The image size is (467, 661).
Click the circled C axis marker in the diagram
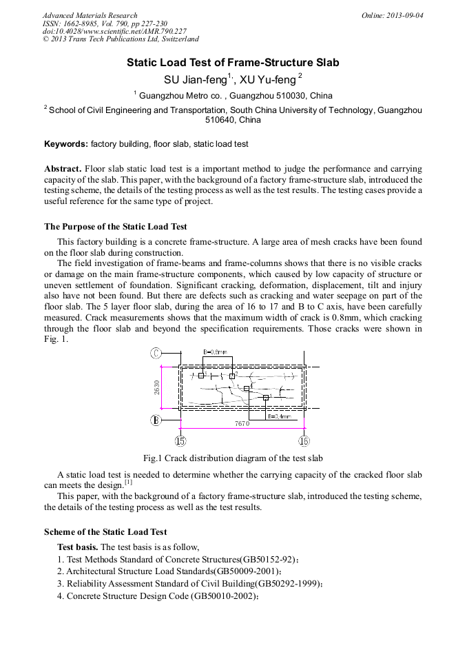point(156,354)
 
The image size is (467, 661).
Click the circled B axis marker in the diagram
point(156,420)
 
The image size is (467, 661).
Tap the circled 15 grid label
point(180,441)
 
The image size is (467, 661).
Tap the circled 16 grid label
point(304,441)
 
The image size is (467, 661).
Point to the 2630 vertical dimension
point(158,387)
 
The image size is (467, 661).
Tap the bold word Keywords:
point(66,144)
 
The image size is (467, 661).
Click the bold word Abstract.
point(63,169)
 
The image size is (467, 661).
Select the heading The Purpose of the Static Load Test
point(115,226)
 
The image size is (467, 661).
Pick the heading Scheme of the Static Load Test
point(105,531)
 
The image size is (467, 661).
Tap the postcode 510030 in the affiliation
point(284,96)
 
